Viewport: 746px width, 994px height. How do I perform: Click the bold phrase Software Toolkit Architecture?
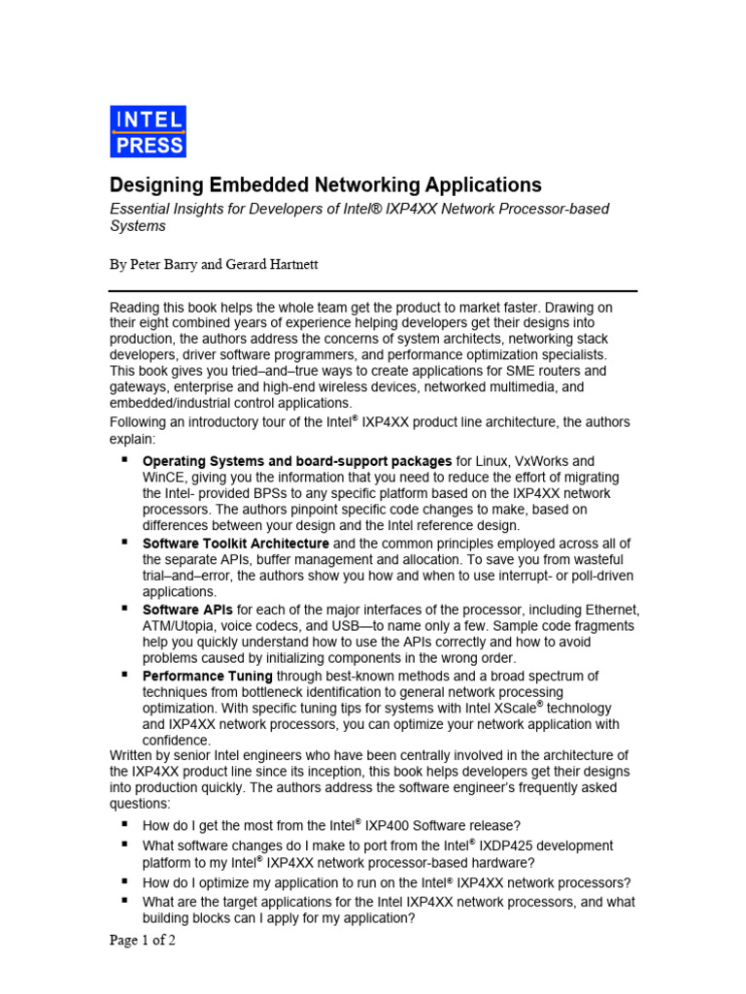click(236, 544)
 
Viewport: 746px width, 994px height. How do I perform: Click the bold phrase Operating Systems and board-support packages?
click(297, 461)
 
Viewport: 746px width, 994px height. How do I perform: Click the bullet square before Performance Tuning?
click(125, 673)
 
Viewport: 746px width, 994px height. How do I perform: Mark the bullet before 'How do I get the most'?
click(125, 823)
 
